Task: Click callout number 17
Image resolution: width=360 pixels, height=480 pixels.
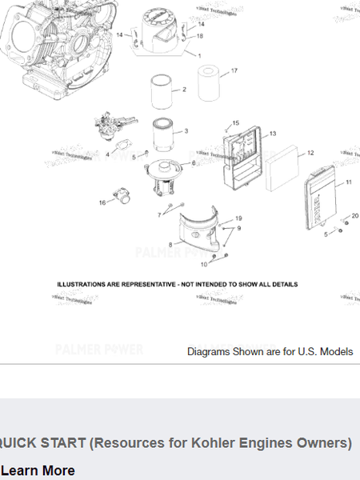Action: pos(234,71)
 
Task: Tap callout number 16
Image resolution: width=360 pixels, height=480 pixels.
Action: pos(102,202)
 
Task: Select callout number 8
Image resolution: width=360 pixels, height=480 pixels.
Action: pos(170,243)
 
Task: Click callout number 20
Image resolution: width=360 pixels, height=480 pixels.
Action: pos(354,215)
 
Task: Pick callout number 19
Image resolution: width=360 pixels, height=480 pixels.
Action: pos(238,218)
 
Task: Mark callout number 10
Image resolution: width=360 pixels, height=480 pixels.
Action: pos(204,264)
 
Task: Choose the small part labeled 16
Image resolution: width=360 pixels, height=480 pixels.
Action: pos(122,194)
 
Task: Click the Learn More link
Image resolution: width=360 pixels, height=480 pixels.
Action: pos(38,470)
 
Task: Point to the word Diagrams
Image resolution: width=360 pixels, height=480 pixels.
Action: pos(207,351)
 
